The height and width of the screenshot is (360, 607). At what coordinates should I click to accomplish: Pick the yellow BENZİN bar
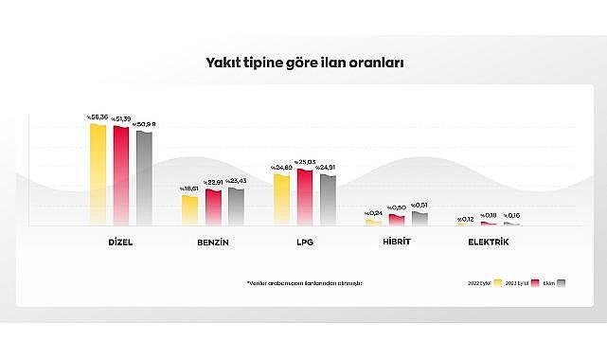coord(189,209)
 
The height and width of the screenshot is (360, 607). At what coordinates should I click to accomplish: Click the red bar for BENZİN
coord(213,207)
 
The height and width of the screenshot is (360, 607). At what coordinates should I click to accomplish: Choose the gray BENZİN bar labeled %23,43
coord(236,206)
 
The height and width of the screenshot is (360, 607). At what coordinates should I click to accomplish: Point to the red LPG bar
coord(305,197)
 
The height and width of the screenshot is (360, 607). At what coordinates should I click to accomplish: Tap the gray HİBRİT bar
coord(420,219)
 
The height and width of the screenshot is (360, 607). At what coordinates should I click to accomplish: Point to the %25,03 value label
coord(305,162)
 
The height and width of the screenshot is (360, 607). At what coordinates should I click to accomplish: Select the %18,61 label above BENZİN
coord(189,189)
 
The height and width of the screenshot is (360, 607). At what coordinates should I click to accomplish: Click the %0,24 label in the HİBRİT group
coord(373,213)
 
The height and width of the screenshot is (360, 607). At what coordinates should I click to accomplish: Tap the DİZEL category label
coord(120,243)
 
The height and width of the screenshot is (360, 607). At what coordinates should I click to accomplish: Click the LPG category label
coord(305,243)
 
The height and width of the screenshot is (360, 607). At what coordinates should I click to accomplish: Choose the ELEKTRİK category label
coord(489,243)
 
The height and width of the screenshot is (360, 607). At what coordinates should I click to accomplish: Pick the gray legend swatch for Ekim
coord(561,282)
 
